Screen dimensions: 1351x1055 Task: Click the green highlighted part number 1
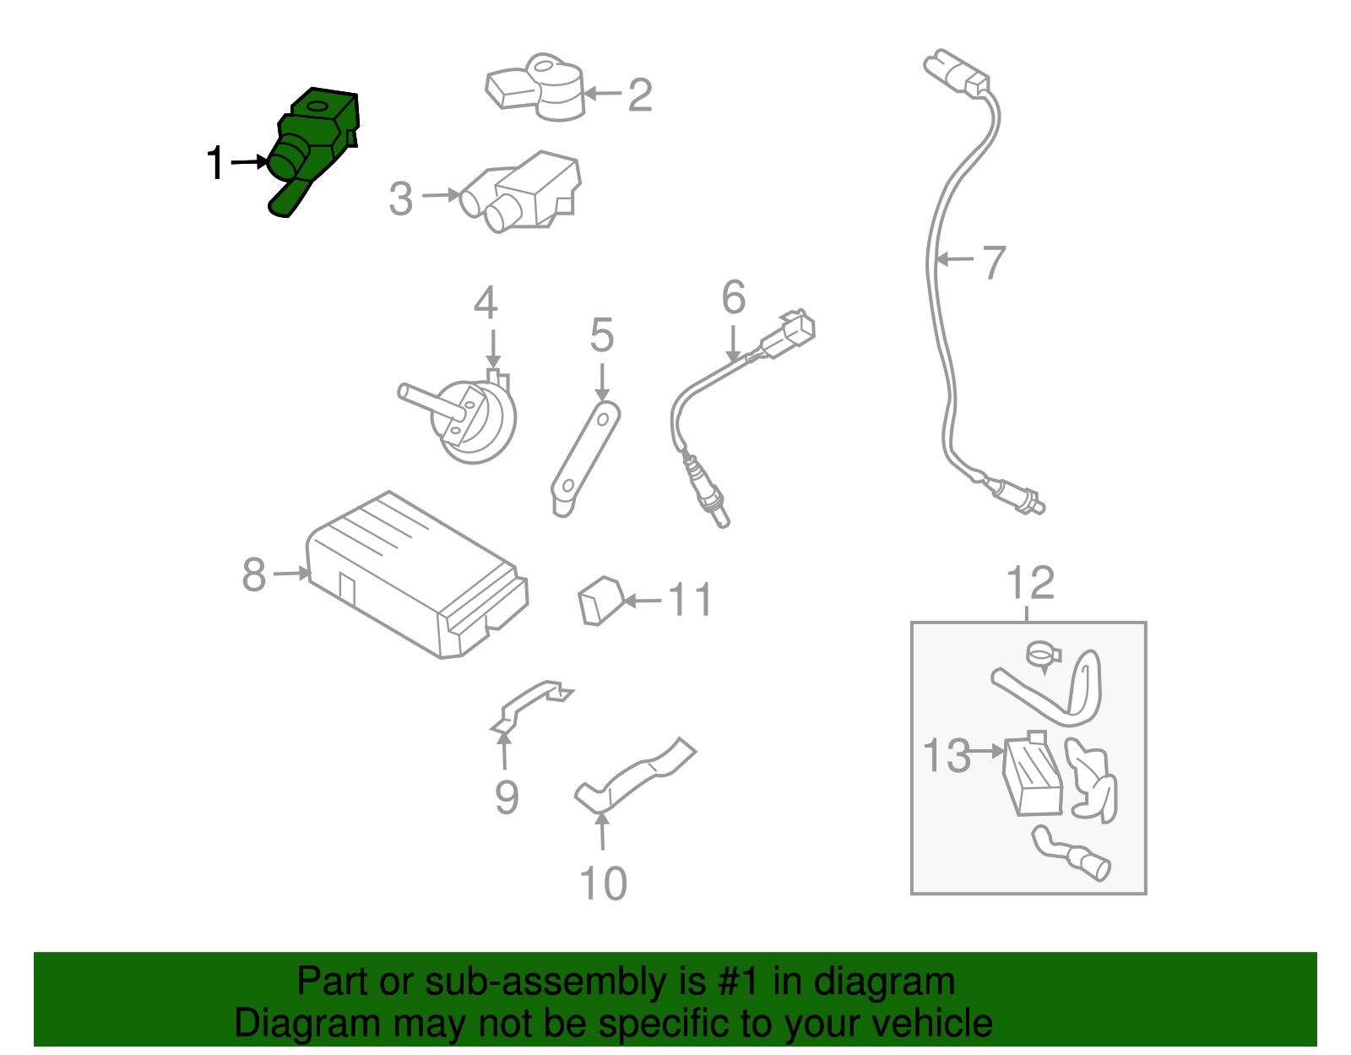311,150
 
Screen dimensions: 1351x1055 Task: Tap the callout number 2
640,95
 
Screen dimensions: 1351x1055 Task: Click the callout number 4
486,302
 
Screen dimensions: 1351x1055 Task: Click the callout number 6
734,297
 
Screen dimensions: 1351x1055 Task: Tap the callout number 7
994,263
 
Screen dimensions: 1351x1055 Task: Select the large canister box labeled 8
417,574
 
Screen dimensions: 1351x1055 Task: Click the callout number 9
507,797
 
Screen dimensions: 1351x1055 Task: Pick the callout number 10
603,884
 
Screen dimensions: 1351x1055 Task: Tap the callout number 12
1030,583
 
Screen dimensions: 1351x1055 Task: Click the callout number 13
947,755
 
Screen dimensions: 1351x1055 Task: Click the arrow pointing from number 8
291,573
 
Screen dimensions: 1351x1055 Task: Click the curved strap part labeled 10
635,776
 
